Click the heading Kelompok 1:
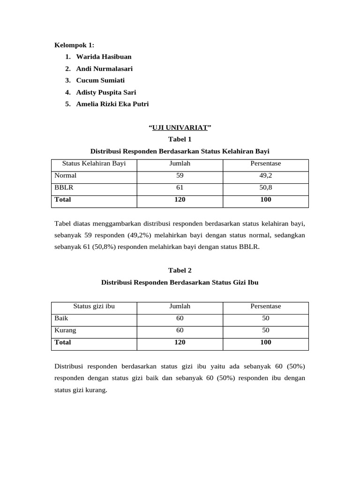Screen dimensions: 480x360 coord(75,45)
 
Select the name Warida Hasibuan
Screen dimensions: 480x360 coord(104,57)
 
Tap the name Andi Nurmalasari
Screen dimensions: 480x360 coord(104,68)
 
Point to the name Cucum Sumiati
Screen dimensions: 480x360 coord(100,80)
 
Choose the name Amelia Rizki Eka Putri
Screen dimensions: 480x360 coord(112,104)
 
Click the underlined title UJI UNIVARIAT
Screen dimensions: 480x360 coord(180,127)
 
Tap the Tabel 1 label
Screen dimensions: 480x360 coord(180,139)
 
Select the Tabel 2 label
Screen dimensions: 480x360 coord(180,270)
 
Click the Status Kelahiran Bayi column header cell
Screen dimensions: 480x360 coord(94,164)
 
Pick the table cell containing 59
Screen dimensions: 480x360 coord(180,175)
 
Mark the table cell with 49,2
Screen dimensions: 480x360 coord(265,175)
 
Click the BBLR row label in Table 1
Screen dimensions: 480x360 coord(64,187)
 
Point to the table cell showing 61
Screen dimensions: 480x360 coord(180,187)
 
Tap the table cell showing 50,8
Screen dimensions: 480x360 coord(265,187)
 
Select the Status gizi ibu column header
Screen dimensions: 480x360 coord(94,306)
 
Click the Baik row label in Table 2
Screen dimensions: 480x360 coord(61,318)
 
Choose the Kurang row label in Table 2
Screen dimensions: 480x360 coord(65,330)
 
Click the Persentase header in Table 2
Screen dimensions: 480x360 coord(265,306)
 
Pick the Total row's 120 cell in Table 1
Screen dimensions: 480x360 coord(180,199)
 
